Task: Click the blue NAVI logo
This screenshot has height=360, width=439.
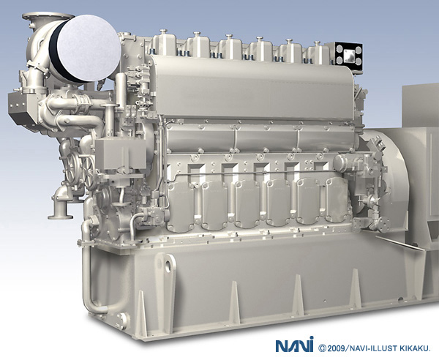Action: [295, 345]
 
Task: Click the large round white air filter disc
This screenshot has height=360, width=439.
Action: [89, 48]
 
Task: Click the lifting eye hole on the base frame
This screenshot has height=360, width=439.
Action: [168, 265]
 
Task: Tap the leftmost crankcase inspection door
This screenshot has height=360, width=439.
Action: [181, 206]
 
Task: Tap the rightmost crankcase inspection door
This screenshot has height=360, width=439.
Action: [337, 199]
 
